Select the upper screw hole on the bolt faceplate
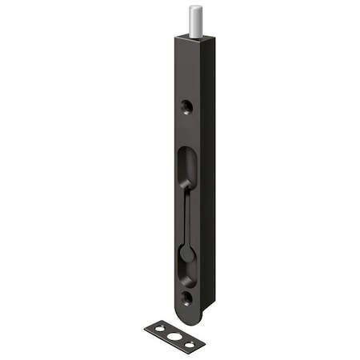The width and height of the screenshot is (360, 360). coord(186,105)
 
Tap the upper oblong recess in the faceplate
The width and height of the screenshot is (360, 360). coord(186,165)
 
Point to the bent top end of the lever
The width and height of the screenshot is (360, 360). coord(186,186)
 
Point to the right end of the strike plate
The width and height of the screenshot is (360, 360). coord(202,348)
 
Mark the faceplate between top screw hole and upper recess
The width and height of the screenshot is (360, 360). coord(186,128)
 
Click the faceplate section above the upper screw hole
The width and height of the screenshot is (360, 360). coord(186,72)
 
